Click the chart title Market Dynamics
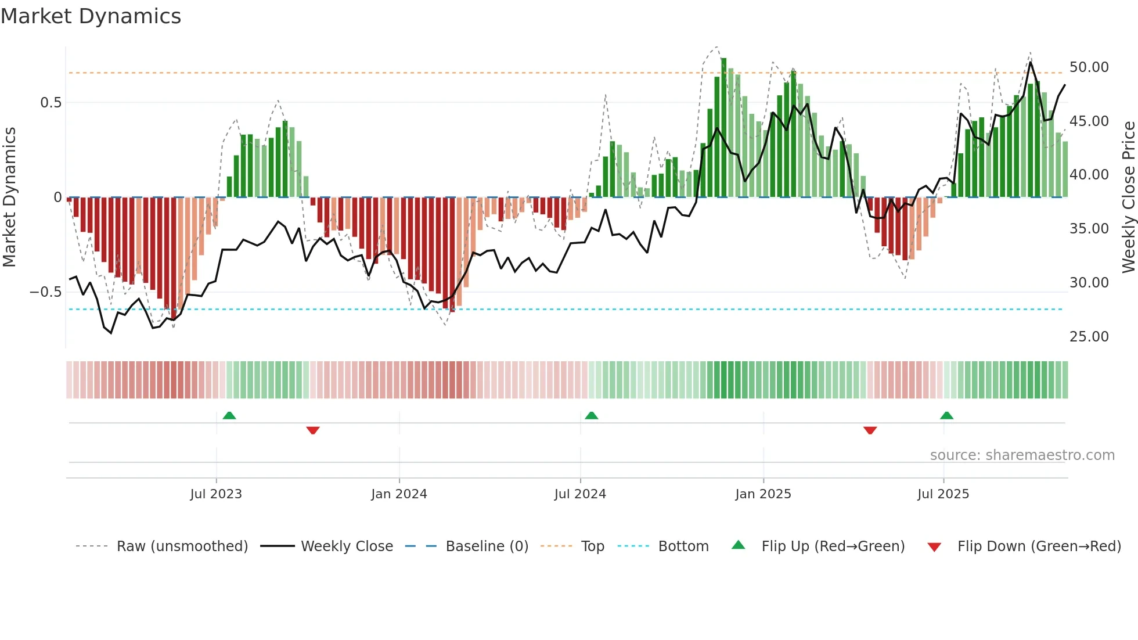[x=91, y=16]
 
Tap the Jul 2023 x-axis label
[x=216, y=494]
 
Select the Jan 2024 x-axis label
[x=399, y=494]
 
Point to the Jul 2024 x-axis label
[x=580, y=494]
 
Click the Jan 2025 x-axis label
[x=763, y=494]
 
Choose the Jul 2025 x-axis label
[x=943, y=494]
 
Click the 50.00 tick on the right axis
[x=1089, y=67]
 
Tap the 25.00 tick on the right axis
[x=1089, y=337]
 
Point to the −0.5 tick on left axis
[x=46, y=292]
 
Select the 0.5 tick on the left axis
[x=51, y=103]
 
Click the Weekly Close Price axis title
[x=1128, y=197]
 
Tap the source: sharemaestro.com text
[x=1022, y=455]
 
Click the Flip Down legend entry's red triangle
[x=934, y=547]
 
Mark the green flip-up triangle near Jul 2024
[x=591, y=415]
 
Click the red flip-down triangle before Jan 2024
[x=313, y=430]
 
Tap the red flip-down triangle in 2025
[x=870, y=430]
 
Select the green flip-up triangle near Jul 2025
[x=946, y=415]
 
